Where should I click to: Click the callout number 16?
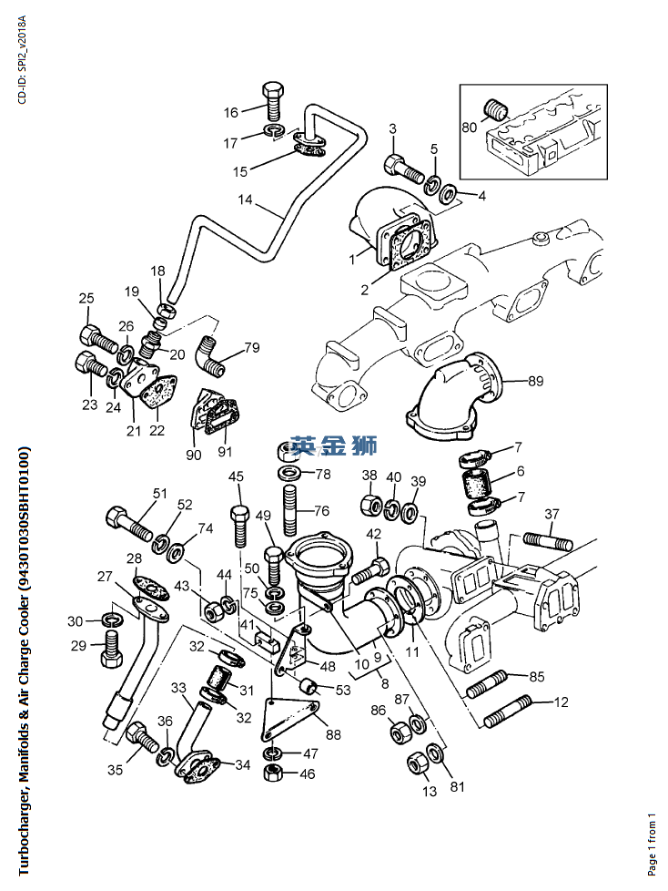[x=230, y=112]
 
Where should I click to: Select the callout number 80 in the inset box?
[x=470, y=127]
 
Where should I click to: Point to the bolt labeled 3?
[x=404, y=168]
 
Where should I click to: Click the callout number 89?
[x=535, y=381]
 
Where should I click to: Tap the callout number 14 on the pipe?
[x=245, y=200]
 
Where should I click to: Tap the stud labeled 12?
[x=508, y=711]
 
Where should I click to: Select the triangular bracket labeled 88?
[x=289, y=720]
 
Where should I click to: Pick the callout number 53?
[x=343, y=691]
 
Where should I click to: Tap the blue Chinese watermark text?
[x=334, y=446]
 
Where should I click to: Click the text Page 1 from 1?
[x=652, y=845]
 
